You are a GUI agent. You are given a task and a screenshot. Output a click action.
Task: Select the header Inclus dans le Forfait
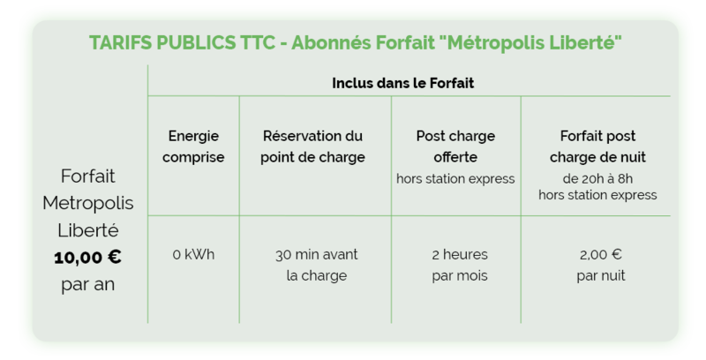(403, 83)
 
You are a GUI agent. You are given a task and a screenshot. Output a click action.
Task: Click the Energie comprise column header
(193, 146)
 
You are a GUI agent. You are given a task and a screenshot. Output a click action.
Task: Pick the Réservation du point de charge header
(312, 146)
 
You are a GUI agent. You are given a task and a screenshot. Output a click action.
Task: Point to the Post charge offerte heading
(455, 146)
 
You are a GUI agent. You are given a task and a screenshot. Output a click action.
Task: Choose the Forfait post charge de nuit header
(598, 146)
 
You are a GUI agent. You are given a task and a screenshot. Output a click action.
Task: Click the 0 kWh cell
(193, 255)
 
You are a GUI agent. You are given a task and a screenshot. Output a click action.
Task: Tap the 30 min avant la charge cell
(317, 265)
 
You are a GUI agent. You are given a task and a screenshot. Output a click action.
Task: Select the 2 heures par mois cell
(460, 265)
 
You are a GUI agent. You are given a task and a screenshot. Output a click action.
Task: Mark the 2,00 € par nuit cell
(601, 265)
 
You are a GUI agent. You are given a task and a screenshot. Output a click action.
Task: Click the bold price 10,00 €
(87, 258)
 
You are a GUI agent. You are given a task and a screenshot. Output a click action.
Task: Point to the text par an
(87, 285)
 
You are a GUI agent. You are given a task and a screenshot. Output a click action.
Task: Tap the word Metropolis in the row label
(87, 204)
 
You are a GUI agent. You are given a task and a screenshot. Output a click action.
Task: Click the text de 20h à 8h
(598, 179)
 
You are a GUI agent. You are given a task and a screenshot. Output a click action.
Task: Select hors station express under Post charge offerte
(455, 179)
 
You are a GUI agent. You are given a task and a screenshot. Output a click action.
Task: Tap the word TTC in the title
(258, 43)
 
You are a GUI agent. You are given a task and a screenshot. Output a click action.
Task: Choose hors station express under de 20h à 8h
(598, 195)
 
